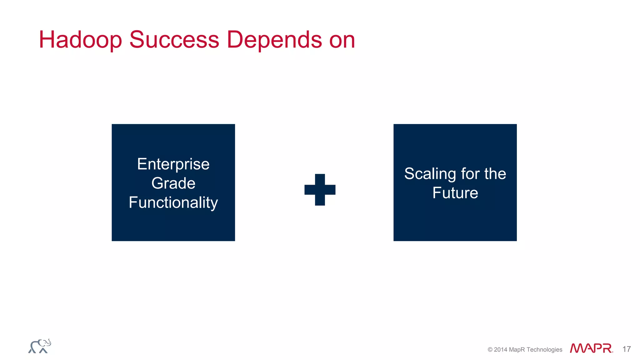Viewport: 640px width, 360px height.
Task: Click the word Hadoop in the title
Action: (x=80, y=40)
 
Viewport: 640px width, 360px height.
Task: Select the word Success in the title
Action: (x=174, y=40)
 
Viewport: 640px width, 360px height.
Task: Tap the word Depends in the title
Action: (x=274, y=40)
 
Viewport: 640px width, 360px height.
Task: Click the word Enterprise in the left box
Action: (x=173, y=164)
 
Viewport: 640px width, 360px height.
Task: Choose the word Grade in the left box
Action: (x=173, y=183)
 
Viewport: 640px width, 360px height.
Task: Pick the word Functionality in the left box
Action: (x=173, y=202)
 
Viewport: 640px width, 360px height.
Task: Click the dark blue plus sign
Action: (x=320, y=190)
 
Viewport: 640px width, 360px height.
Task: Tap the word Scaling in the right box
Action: (x=430, y=174)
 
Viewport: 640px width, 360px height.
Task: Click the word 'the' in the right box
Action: (x=495, y=174)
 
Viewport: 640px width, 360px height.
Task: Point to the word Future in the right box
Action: (x=455, y=193)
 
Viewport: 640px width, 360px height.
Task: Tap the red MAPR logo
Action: (x=591, y=348)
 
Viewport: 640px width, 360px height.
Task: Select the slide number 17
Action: (x=626, y=349)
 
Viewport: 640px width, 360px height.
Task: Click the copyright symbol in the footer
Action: (x=490, y=350)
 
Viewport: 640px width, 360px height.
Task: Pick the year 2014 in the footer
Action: (x=501, y=350)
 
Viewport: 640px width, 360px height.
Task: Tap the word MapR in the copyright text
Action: (x=517, y=350)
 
